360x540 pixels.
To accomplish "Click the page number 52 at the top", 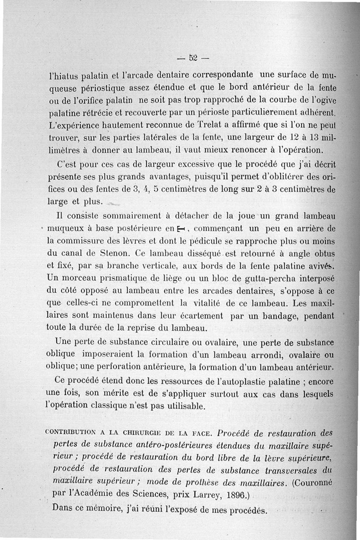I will (194, 58).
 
